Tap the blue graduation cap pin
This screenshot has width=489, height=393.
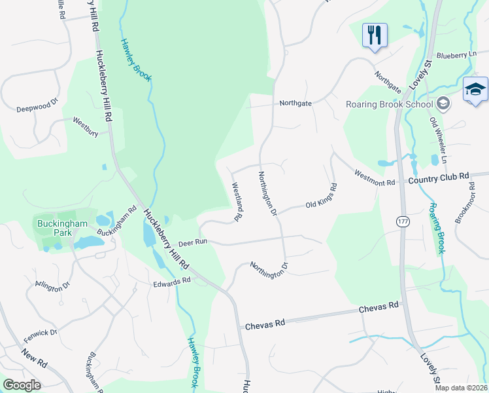475,90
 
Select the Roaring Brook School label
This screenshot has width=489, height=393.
389,103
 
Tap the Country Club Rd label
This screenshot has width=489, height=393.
439,177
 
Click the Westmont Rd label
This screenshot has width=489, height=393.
375,178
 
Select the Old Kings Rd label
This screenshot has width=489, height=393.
321,196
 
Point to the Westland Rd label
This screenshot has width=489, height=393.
238,196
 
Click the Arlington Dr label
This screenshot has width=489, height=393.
52,286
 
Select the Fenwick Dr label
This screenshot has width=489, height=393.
41,337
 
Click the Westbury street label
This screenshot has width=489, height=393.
86,126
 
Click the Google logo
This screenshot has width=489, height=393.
22,384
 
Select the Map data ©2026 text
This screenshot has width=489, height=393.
460,387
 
